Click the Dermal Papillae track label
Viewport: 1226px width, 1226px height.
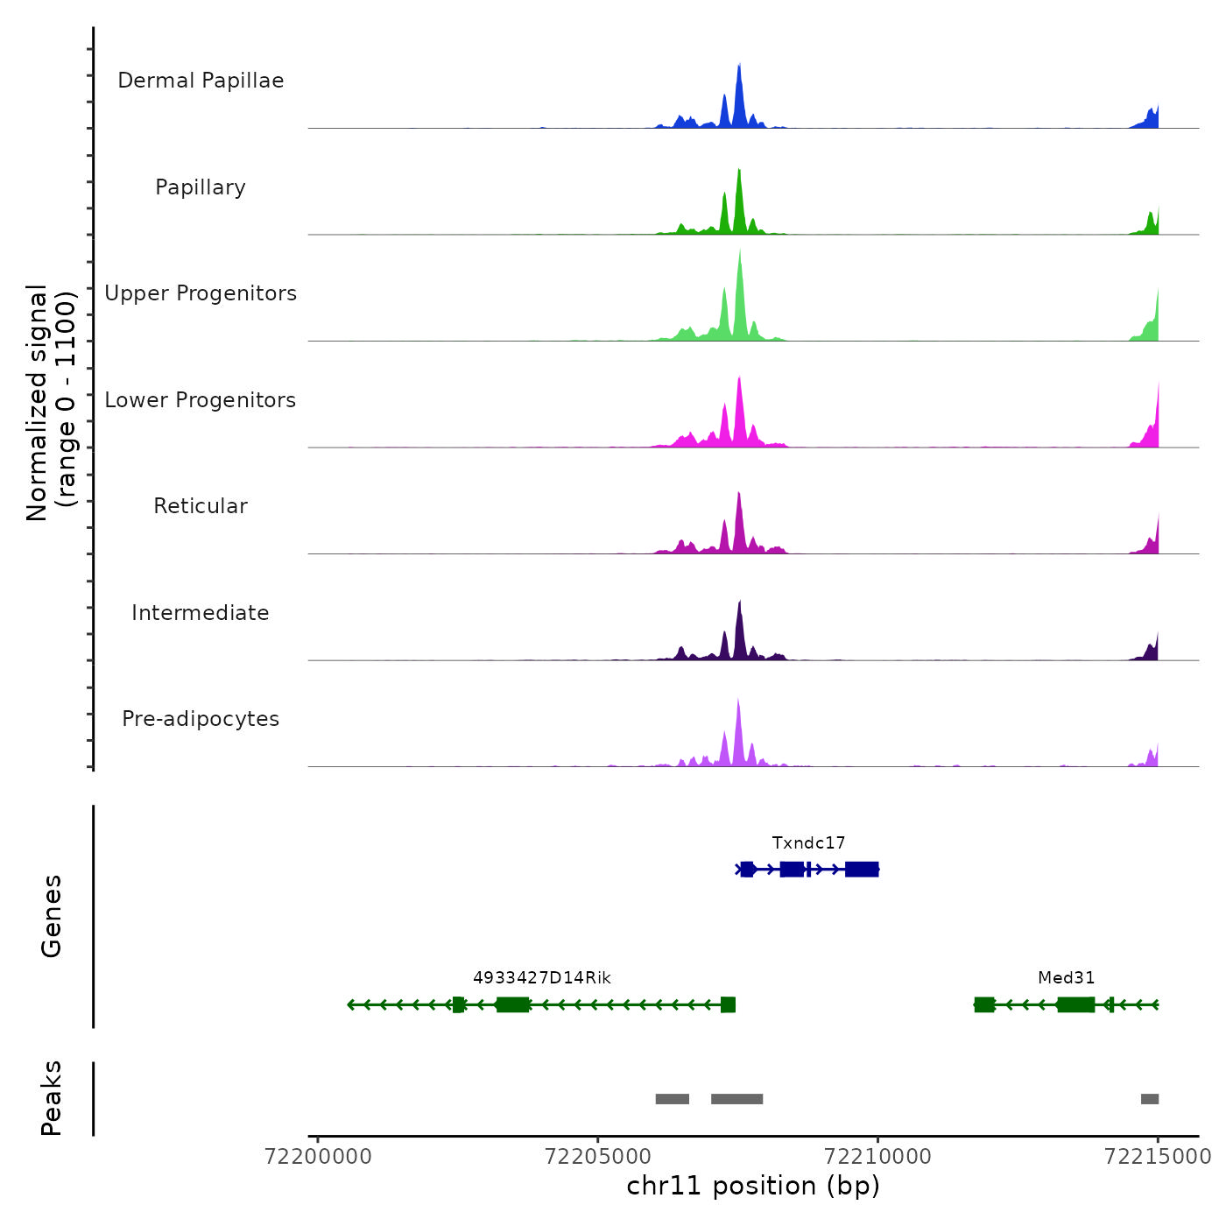pyautogui.click(x=201, y=81)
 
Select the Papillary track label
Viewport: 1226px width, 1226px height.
pyautogui.click(x=201, y=187)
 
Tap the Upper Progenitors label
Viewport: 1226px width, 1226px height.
pyautogui.click(x=201, y=293)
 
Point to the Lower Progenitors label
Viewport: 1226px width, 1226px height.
pyautogui.click(x=201, y=400)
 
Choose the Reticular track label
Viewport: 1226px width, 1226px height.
pyautogui.click(x=201, y=506)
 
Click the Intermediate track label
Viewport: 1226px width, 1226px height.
pyautogui.click(x=201, y=613)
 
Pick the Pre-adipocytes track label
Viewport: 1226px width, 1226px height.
pyautogui.click(x=201, y=719)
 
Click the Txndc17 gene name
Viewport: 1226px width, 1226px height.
pyautogui.click(x=808, y=843)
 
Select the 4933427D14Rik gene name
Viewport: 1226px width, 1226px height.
pyautogui.click(x=542, y=978)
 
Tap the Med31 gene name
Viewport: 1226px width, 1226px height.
pyautogui.click(x=1066, y=978)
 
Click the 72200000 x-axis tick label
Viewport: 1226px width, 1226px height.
pyautogui.click(x=318, y=1157)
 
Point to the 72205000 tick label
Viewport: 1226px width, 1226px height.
pyautogui.click(x=598, y=1157)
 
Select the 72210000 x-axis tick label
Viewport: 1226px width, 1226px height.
pyautogui.click(x=878, y=1157)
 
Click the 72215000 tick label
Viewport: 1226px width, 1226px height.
pyautogui.click(x=1158, y=1157)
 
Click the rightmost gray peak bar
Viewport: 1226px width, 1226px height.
pyautogui.click(x=1150, y=1099)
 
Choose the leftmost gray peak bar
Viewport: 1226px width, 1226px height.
pyautogui.click(x=672, y=1099)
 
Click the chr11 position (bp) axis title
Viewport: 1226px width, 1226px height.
pyautogui.click(x=753, y=1187)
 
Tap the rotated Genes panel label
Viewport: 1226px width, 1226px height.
pyautogui.click(x=52, y=916)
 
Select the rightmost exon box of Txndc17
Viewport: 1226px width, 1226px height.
pyautogui.click(x=862, y=869)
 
